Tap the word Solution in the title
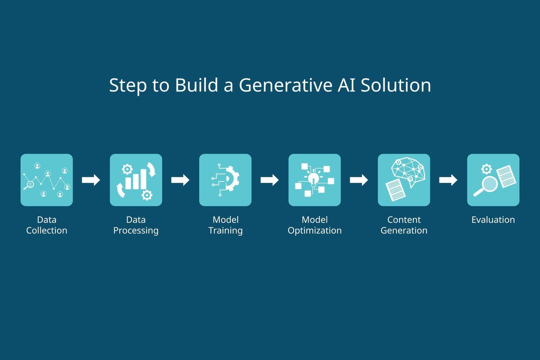(396, 85)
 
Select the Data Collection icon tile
(47, 180)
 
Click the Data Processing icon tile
(136, 180)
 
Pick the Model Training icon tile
(225, 180)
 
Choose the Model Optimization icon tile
(314, 180)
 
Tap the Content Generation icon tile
(404, 180)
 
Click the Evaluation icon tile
(493, 180)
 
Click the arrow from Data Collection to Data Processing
(91, 180)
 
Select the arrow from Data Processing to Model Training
(180, 180)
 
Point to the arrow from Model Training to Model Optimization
(270, 180)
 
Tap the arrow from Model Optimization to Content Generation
(359, 180)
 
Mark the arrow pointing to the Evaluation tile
(448, 180)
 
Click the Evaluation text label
(493, 220)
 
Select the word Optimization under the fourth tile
(314, 231)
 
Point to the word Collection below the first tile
(47, 231)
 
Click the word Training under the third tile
(225, 231)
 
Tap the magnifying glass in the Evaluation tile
(488, 184)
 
